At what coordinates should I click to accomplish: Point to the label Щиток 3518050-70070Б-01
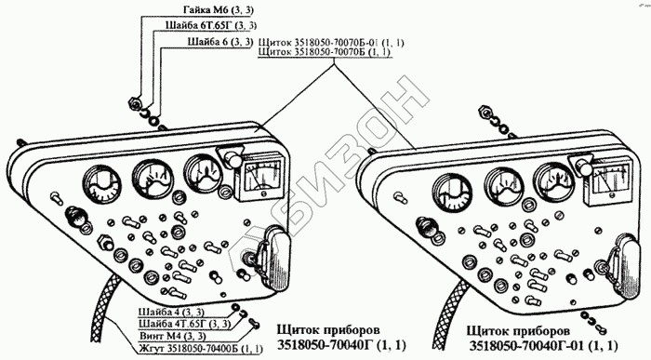pos(322,43)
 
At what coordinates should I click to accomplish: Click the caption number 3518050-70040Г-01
pos(527,345)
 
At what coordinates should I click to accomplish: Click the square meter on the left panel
pos(260,176)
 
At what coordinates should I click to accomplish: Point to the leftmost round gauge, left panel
pos(101,182)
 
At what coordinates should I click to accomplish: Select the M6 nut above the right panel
pos(485,111)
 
